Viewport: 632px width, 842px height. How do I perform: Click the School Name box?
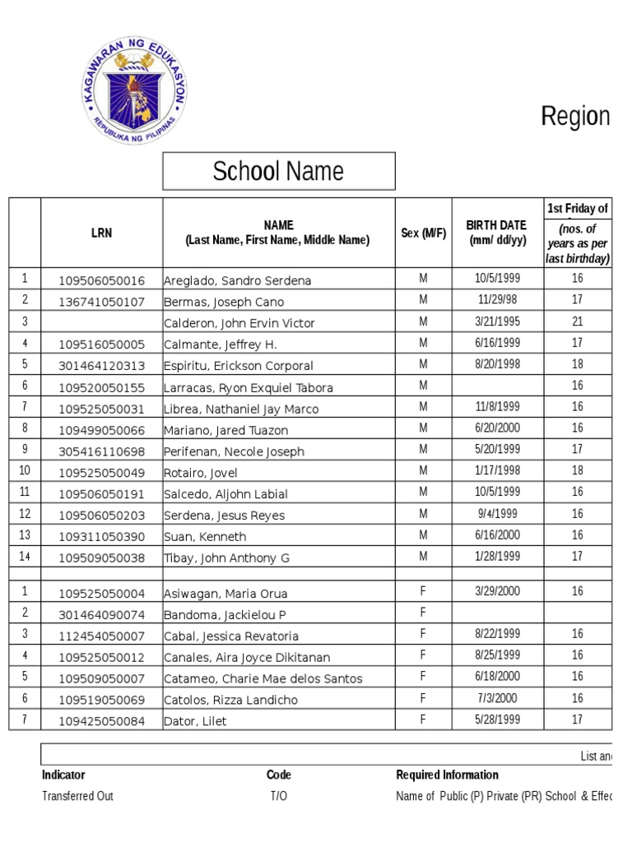[x=278, y=171]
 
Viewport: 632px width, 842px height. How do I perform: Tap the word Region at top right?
[x=575, y=117]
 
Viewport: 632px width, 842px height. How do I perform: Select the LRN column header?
[x=101, y=233]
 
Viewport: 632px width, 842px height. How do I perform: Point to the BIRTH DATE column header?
[x=496, y=233]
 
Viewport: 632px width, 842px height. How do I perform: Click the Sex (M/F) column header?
[x=424, y=233]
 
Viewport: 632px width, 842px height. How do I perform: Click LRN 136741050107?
[x=101, y=302]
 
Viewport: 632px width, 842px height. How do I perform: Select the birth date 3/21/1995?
[x=498, y=322]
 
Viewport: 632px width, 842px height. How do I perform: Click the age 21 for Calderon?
[x=578, y=322]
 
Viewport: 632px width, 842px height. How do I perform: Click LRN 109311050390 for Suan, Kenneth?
[x=101, y=537]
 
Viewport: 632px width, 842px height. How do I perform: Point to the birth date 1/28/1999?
[x=498, y=557]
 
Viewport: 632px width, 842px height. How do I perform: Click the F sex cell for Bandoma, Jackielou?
[x=424, y=613]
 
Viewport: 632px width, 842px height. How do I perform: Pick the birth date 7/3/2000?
[x=498, y=698]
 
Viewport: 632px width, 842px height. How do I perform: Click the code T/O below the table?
[x=279, y=796]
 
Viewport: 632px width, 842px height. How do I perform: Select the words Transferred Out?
[x=77, y=796]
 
